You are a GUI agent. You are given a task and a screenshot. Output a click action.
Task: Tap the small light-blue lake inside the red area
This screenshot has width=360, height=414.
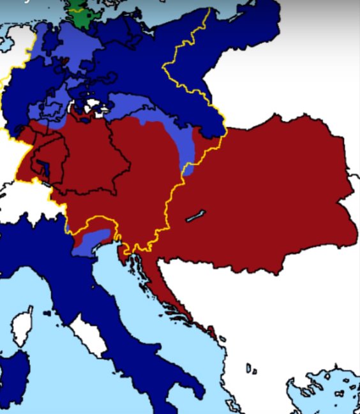(x=196, y=216)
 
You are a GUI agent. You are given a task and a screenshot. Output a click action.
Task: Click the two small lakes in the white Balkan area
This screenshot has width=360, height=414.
(x=251, y=369)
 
